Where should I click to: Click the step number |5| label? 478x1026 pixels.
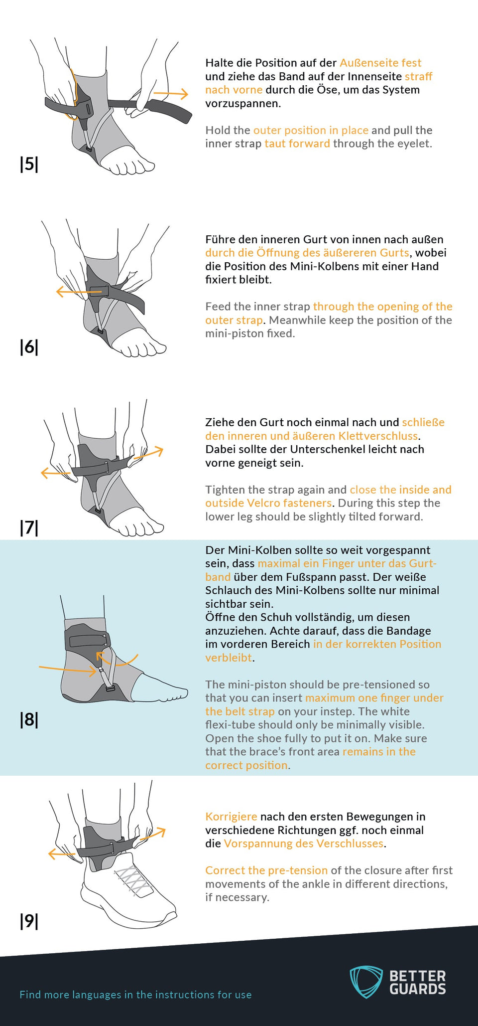coord(29,164)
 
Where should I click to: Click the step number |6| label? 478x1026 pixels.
coord(29,347)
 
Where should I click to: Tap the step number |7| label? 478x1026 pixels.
coord(29,527)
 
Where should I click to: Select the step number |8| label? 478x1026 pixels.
coord(29,719)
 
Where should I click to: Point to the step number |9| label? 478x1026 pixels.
coord(29,921)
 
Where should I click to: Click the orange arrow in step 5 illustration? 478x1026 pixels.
coord(171,93)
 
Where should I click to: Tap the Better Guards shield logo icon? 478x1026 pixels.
coord(366,982)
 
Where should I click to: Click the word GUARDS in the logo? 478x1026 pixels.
coord(417,989)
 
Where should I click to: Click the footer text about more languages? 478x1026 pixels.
coord(135,995)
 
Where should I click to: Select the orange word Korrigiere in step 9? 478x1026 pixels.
coord(231,817)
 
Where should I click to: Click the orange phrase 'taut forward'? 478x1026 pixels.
coord(297,144)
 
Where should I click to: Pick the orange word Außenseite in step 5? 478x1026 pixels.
coord(369,63)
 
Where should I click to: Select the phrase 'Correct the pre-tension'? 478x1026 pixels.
coord(266,870)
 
